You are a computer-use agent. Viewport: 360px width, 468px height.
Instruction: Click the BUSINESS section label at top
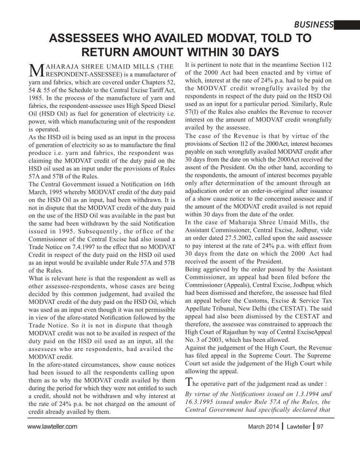314,25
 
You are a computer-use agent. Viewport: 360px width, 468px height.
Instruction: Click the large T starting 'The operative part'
189,382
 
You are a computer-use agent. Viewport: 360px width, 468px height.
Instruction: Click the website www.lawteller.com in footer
52,426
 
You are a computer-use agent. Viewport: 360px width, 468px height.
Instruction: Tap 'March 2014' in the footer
263,427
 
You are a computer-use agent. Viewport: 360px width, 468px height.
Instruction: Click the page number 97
320,427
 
